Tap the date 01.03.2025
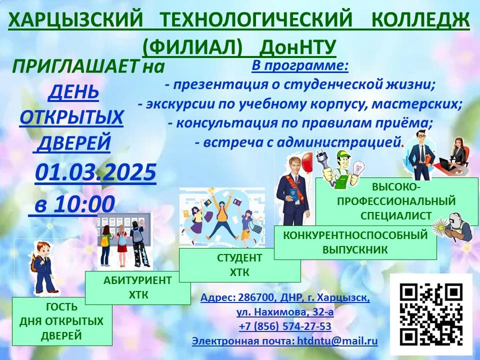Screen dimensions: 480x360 click(95, 172)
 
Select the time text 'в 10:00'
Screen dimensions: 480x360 click(74, 204)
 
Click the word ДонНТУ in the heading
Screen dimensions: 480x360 click(298, 47)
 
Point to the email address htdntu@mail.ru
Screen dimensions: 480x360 click(337, 340)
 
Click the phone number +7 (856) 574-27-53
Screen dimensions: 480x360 click(285, 326)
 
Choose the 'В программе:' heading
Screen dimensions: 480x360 click(300, 65)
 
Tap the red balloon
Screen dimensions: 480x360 click(307, 162)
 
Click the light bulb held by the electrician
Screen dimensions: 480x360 click(357, 168)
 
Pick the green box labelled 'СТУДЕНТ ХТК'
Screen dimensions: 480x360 click(239, 265)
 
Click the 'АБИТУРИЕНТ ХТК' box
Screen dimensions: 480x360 click(138, 288)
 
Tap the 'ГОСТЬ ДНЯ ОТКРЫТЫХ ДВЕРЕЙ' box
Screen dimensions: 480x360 click(62, 321)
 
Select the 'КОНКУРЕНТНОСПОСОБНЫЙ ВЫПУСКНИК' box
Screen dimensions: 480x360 click(355, 242)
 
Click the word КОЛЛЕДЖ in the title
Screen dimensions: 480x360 click(420, 20)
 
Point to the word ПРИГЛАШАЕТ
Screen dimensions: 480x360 click(75, 66)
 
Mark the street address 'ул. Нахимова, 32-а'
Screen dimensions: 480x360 click(285, 312)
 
